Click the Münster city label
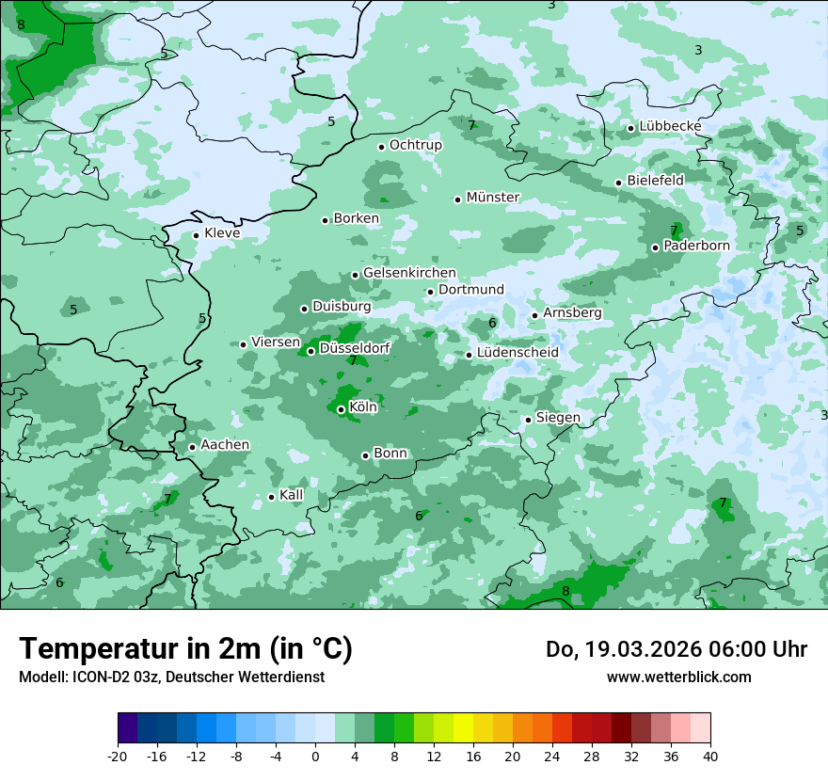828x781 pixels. pos(493,198)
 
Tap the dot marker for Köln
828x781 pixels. pos(341,409)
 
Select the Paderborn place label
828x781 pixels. pos(696,246)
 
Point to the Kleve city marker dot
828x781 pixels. pos(196,235)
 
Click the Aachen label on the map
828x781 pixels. pos(225,445)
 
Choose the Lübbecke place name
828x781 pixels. pos(670,126)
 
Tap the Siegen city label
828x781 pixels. pos(558,418)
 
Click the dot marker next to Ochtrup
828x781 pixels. pos(381,147)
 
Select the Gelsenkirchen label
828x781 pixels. pos(409,273)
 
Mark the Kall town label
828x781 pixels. pos(292,495)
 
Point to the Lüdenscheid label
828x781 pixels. pos(517,353)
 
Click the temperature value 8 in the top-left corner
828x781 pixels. pos(21,24)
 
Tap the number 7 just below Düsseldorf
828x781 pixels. pos(353,360)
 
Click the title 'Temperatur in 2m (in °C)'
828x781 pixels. pos(185,649)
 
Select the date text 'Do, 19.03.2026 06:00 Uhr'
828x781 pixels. pos(677,649)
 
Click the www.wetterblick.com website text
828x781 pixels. pos(678,677)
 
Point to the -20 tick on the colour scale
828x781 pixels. pos(118,757)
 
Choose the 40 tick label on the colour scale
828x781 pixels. pos(710,757)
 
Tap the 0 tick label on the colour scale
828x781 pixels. pos(315,757)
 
